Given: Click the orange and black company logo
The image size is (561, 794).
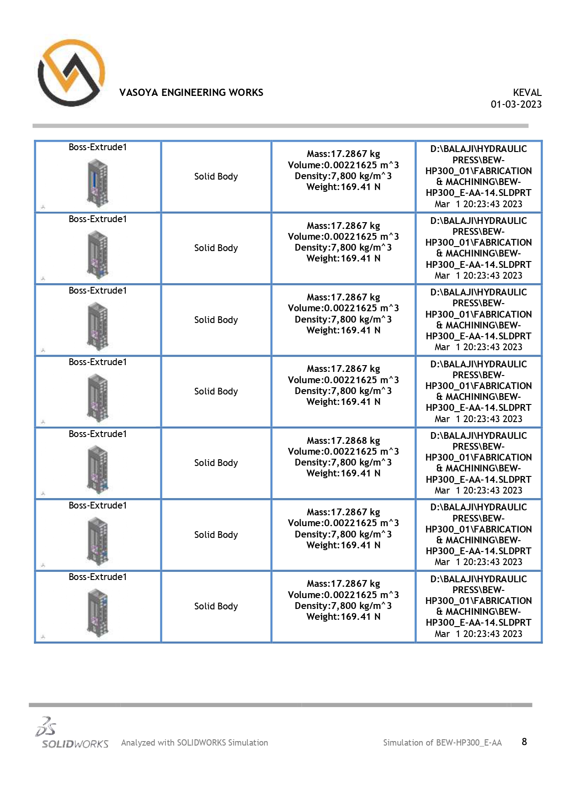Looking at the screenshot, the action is pyautogui.click(x=71, y=73).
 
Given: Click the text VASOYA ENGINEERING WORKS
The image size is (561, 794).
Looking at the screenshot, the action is pyautogui.click(x=191, y=93).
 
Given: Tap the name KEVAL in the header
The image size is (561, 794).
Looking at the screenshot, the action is pyautogui.click(x=527, y=93).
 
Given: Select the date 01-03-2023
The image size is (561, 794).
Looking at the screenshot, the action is pyautogui.click(x=516, y=105).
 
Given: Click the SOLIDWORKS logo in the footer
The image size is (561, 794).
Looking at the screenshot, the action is pyautogui.click(x=72, y=733).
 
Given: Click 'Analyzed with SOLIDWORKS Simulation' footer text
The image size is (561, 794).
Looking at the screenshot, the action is pyautogui.click(x=194, y=743).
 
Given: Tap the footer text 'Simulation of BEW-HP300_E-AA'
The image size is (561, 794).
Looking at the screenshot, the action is pyautogui.click(x=442, y=743).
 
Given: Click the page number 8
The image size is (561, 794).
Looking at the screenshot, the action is pyautogui.click(x=524, y=742).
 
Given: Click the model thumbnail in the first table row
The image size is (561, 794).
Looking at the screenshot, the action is pyautogui.click(x=98, y=183).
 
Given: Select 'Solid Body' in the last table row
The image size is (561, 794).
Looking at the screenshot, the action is pyautogui.click(x=216, y=606).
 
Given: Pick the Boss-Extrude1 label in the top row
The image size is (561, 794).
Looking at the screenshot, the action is pyautogui.click(x=98, y=147).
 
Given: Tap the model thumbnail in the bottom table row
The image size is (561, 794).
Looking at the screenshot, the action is pyautogui.click(x=98, y=613).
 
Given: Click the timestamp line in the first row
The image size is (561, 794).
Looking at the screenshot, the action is pyautogui.click(x=478, y=204).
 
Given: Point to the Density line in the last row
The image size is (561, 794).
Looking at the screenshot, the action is pyautogui.click(x=343, y=606).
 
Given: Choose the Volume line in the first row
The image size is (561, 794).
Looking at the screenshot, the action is pyautogui.click(x=343, y=165).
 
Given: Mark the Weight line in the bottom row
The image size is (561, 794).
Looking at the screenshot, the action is pyautogui.click(x=343, y=617).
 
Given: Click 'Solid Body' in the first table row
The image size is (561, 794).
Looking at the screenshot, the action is pyautogui.click(x=216, y=176).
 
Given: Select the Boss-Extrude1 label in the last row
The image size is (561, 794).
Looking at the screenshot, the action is pyautogui.click(x=98, y=577).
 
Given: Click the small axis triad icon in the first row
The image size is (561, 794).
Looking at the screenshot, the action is pyautogui.click(x=43, y=207).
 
